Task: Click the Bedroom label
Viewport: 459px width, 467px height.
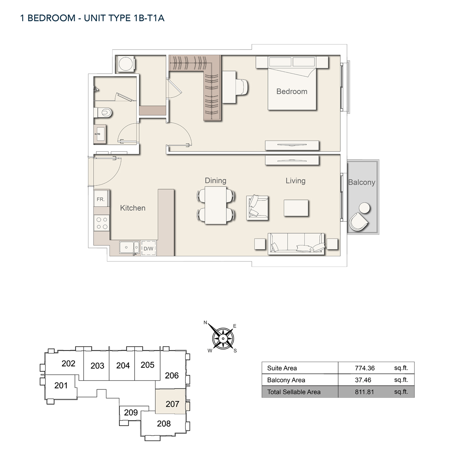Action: [292, 92]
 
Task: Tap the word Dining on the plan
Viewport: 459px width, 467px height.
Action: [215, 180]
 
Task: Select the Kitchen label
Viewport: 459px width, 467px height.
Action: [133, 208]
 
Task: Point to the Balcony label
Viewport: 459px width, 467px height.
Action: [361, 182]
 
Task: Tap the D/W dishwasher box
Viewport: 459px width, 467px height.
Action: [148, 249]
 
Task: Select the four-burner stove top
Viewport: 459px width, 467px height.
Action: [102, 223]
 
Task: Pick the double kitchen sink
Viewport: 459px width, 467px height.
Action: [129, 247]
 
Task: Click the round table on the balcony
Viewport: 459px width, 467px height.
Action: [364, 208]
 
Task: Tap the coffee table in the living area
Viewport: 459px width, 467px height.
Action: [296, 208]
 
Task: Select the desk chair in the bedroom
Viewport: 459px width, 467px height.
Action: [242, 87]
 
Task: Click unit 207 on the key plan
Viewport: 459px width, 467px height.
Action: [172, 404]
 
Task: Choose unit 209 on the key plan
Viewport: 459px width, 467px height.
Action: [131, 412]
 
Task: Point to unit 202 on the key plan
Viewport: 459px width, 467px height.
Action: [68, 364]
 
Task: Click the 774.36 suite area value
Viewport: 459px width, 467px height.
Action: [365, 368]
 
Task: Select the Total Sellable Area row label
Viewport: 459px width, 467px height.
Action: [294, 392]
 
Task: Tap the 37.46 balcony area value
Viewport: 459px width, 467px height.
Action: [363, 380]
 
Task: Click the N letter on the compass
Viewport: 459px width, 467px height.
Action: [205, 322]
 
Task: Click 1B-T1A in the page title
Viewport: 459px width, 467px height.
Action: [149, 18]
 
